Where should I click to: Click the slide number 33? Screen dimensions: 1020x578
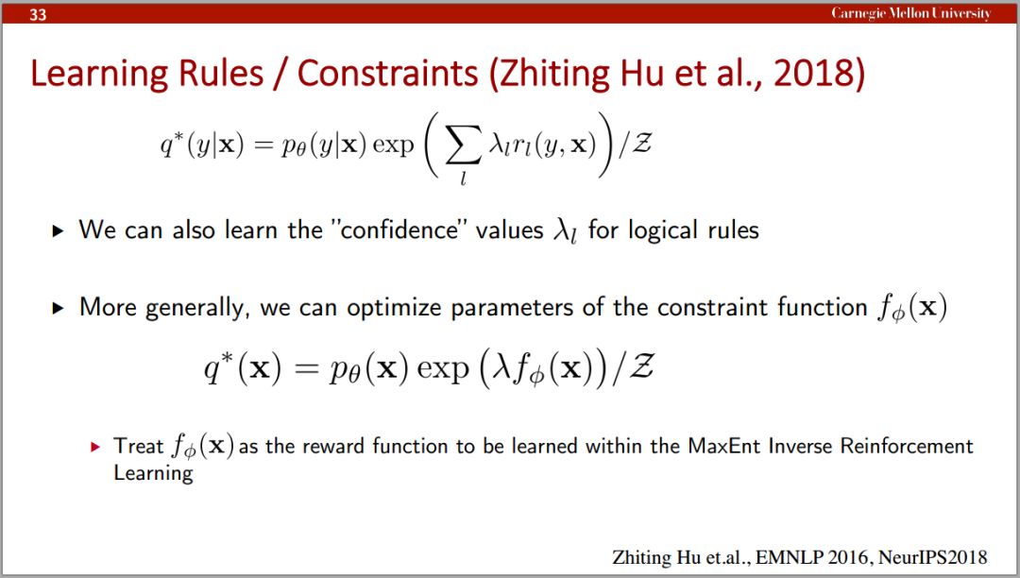click(x=38, y=13)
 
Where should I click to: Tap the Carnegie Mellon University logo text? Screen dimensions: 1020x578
click(x=910, y=13)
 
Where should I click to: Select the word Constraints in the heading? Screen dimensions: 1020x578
click(x=388, y=74)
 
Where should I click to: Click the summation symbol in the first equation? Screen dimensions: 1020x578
click(x=464, y=145)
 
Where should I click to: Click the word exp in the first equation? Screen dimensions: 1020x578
click(x=393, y=145)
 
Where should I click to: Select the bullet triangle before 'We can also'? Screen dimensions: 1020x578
click(x=58, y=230)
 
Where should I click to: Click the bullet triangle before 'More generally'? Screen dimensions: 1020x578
click(x=58, y=308)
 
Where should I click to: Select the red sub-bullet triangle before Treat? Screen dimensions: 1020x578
click(x=95, y=447)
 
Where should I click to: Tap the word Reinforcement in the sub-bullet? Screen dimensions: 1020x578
click(x=907, y=446)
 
